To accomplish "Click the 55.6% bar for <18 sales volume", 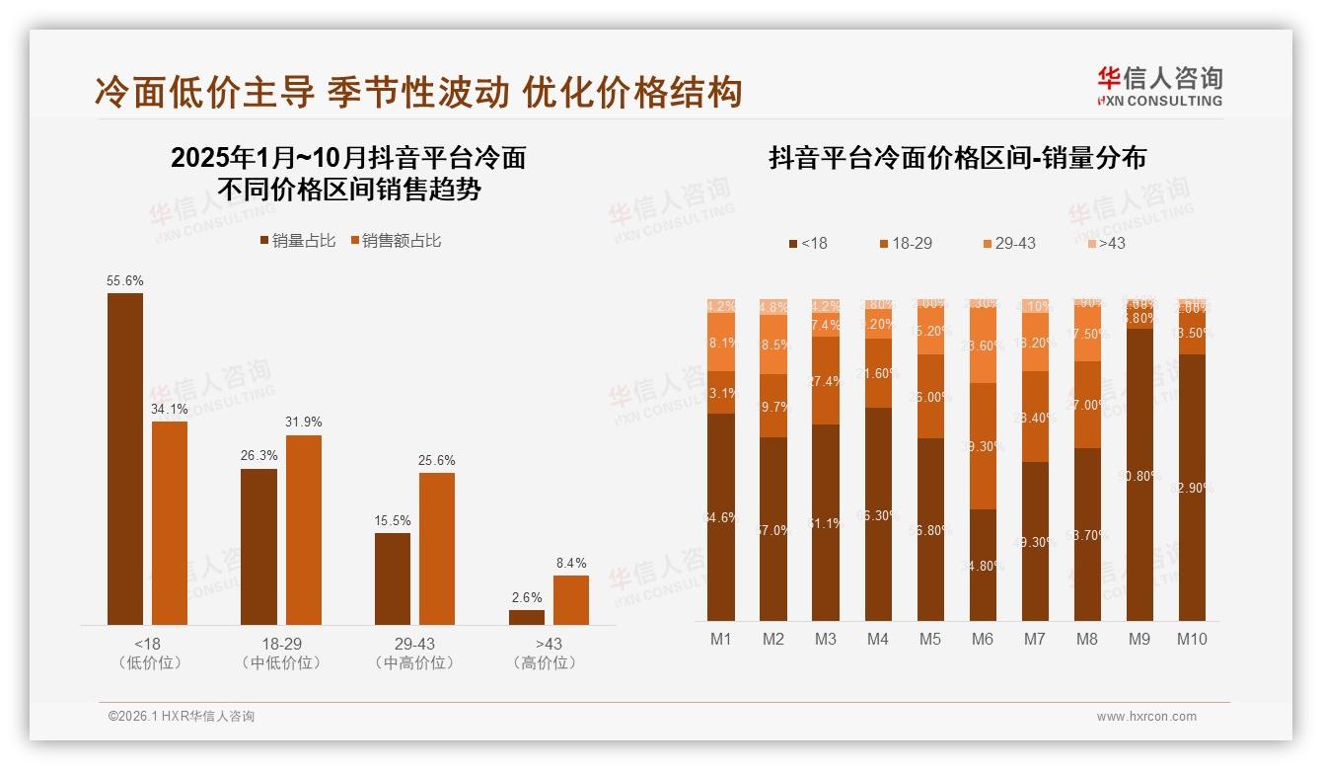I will coord(125,459).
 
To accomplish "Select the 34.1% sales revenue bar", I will coord(170,523).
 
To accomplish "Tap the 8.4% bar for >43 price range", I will coord(570,600).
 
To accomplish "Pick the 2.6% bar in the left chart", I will coord(527,617).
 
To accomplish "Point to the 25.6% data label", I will coord(437,461).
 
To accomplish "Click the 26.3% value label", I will coord(258,456).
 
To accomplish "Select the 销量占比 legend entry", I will coord(298,241).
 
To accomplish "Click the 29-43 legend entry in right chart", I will coord(1008,243).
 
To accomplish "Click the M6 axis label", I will coord(982,639).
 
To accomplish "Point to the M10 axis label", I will coord(1191,639).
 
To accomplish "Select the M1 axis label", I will coord(721,639).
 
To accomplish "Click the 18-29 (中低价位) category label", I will coord(281,654).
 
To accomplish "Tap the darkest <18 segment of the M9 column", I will coord(1139,475).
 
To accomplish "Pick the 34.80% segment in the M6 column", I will coord(983,566).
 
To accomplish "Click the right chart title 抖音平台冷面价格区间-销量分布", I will coord(957,159).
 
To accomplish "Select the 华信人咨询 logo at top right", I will coord(1159,85).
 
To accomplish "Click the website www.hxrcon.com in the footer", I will coord(1146,717).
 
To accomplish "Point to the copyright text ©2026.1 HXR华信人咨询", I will coord(182,717).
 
